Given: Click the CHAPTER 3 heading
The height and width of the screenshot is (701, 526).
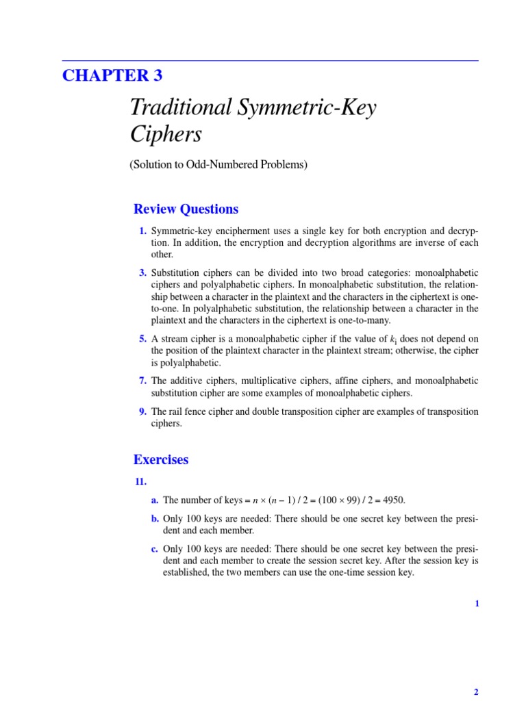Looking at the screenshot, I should [112, 75].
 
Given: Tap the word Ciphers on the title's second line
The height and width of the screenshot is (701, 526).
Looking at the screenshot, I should [166, 134].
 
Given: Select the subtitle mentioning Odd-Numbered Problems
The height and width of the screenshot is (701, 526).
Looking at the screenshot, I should [218, 165].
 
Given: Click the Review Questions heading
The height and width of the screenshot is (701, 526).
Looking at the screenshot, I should [186, 209].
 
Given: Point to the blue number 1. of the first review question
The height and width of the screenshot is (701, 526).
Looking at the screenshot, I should [142, 231].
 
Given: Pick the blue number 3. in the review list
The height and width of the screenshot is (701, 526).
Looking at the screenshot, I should [142, 273].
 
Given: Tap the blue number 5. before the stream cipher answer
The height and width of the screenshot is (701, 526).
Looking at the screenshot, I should [142, 338].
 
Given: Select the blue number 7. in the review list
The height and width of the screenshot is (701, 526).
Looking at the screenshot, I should [142, 381].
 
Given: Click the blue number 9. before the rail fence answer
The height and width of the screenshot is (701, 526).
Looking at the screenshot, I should [142, 411].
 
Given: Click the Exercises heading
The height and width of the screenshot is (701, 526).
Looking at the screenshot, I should [161, 460].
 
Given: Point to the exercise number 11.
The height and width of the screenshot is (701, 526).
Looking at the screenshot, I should [140, 482].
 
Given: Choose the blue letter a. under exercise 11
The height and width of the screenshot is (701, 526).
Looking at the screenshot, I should [155, 500].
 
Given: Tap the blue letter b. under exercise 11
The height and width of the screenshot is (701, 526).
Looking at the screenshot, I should [155, 518].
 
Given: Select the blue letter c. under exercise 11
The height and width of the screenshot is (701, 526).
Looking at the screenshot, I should [155, 548].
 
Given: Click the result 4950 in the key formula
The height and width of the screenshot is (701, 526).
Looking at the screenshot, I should [392, 500].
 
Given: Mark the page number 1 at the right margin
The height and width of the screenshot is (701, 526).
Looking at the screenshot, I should [477, 603].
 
